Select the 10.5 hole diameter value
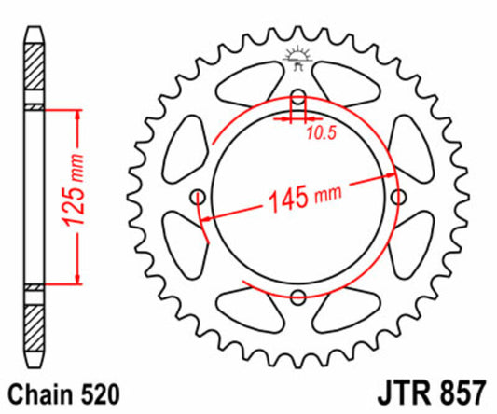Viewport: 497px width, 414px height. click(322, 132)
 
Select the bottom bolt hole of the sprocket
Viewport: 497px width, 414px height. click(297, 297)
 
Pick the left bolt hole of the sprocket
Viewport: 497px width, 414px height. click(198, 198)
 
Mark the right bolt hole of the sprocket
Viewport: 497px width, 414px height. click(398, 198)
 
